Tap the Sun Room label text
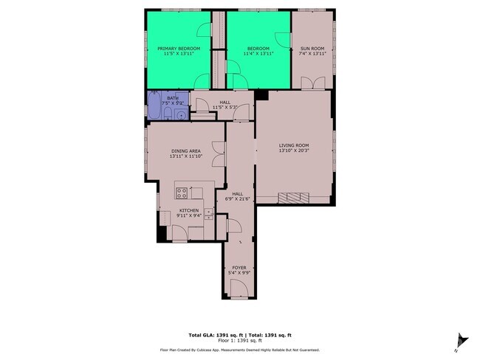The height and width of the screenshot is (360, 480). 312,49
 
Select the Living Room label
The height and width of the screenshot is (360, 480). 293,145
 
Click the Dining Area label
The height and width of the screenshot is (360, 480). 186,151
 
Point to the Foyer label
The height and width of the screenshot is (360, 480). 239,267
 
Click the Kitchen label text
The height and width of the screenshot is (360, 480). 189,210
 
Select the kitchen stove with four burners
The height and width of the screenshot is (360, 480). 182,193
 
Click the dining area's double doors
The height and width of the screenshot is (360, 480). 218,152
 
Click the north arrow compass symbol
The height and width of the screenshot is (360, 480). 461,340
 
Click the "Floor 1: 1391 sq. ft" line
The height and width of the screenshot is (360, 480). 240,341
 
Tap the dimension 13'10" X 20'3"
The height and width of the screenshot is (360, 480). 293,151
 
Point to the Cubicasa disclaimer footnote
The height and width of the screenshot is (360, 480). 240,349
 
